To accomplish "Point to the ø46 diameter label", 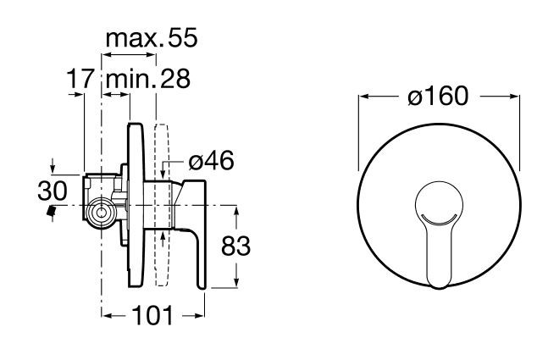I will pos(210,161).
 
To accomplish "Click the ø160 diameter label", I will pos(436,97).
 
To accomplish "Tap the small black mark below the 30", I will pos(53,211).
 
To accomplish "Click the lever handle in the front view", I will pos(438,246).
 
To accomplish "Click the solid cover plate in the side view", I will pos(133,208).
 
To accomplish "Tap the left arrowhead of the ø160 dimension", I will pos(362,97).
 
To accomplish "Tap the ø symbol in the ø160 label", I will pos(413,97).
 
